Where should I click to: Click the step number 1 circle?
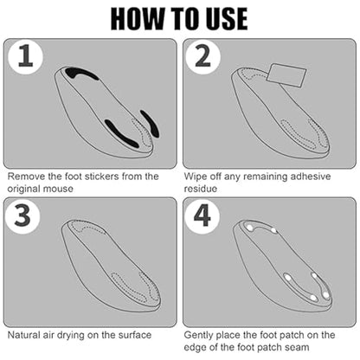click(x=25, y=57)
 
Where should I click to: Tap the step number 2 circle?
click(x=202, y=57)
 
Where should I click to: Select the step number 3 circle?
click(x=22, y=215)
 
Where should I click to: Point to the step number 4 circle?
click(x=202, y=215)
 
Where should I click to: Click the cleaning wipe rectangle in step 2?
click(x=286, y=75)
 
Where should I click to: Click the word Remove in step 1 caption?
click(x=26, y=177)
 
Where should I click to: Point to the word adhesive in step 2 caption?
click(x=311, y=177)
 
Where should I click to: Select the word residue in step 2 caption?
click(x=201, y=189)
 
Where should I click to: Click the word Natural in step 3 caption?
click(x=23, y=335)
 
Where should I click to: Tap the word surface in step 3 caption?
click(x=135, y=335)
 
